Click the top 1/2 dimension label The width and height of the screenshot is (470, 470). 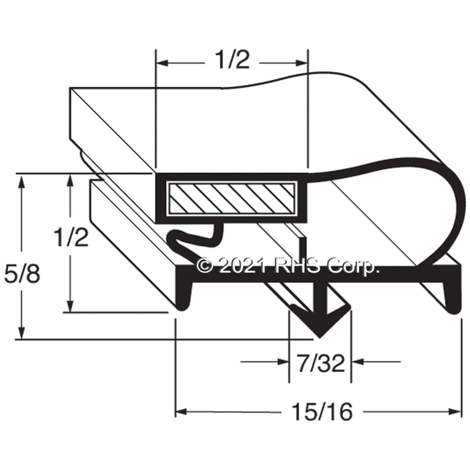[233, 60]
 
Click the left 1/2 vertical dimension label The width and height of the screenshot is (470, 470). [71, 237]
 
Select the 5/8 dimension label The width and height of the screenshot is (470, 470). [22, 273]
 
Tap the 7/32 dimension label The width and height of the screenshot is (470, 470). [321, 363]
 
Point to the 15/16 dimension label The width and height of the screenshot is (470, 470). [322, 411]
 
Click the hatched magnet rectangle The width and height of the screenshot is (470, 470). [232, 199]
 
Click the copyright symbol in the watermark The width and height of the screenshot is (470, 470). [205, 266]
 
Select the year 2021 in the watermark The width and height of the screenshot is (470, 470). [242, 266]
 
